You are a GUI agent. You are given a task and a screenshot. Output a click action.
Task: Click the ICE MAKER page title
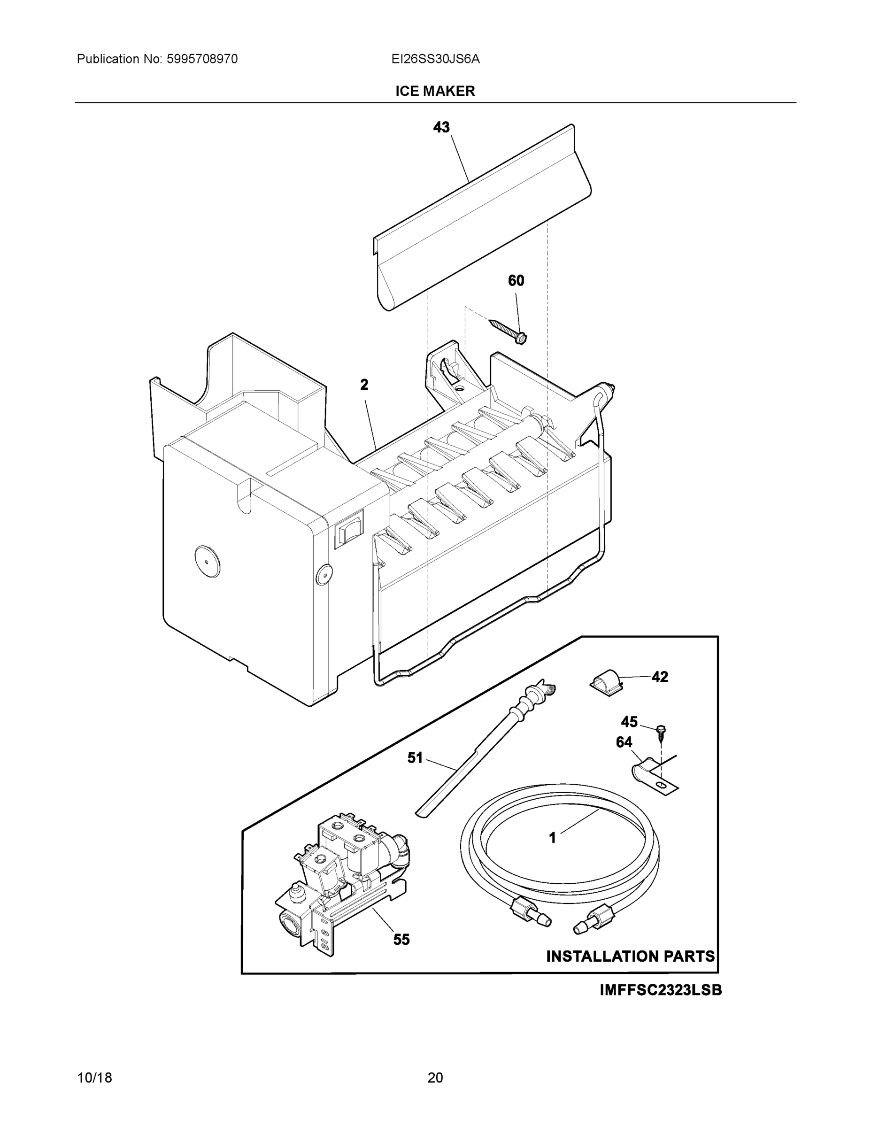click(434, 92)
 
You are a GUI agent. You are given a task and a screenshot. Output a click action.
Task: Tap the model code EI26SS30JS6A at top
click(435, 59)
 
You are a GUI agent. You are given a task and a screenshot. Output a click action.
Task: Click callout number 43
click(441, 127)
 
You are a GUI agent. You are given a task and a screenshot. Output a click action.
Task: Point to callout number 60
click(516, 281)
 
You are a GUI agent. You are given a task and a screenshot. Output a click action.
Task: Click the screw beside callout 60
click(508, 331)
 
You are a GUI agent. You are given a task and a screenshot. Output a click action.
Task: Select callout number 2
click(364, 385)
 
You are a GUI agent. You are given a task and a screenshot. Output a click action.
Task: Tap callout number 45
click(629, 721)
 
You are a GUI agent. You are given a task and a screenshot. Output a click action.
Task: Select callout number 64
click(624, 742)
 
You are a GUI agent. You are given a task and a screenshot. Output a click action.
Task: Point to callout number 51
click(415, 757)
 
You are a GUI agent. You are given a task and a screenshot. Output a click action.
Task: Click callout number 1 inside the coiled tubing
click(553, 838)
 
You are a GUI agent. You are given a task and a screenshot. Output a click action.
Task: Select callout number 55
click(401, 940)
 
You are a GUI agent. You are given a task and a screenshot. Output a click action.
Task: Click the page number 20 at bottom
click(435, 1078)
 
